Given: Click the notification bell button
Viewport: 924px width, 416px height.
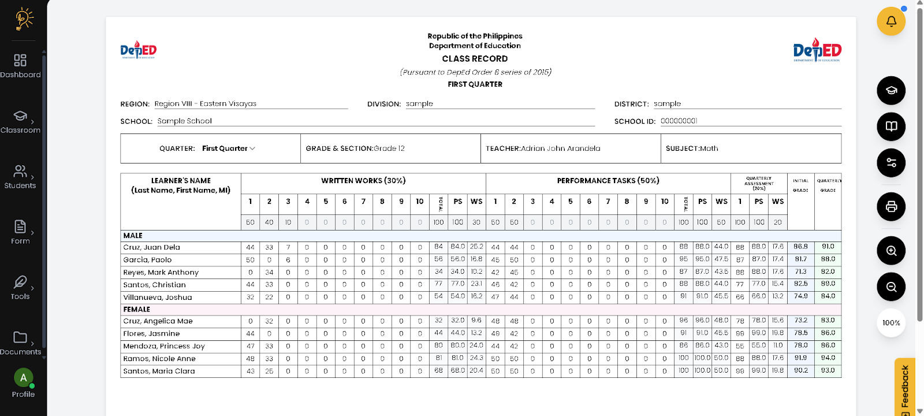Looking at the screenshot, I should tap(891, 21).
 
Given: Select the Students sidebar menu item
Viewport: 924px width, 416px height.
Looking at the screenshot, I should tap(20, 176).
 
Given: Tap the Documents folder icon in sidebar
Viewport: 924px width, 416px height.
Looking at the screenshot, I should tap(20, 337).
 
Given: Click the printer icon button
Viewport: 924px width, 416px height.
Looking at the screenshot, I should tap(891, 207).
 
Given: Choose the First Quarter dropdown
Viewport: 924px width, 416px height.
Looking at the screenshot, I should tap(228, 148).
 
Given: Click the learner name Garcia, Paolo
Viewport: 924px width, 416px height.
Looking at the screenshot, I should tap(147, 260).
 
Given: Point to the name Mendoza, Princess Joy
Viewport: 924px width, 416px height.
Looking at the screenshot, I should tap(164, 346).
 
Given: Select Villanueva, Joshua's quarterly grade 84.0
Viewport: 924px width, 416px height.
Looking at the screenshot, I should tap(828, 296).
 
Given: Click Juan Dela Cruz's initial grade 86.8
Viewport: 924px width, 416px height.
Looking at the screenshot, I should tap(800, 247).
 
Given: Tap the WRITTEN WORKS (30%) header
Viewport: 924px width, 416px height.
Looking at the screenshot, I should tap(363, 181).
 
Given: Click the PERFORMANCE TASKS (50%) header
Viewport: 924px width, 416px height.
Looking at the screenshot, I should tap(608, 181).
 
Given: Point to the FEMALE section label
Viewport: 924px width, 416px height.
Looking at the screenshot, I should tap(137, 310).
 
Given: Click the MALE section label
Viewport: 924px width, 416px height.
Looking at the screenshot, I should tap(133, 236).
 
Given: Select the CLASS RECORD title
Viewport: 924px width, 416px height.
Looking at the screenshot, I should tap(475, 59).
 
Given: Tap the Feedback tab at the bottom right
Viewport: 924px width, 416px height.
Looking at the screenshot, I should tap(905, 387).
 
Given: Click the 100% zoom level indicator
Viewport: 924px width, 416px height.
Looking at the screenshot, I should tap(891, 323).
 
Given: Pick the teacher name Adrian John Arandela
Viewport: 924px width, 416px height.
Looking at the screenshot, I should tap(561, 148).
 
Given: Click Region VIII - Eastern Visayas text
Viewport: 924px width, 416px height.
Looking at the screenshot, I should tap(206, 104).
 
